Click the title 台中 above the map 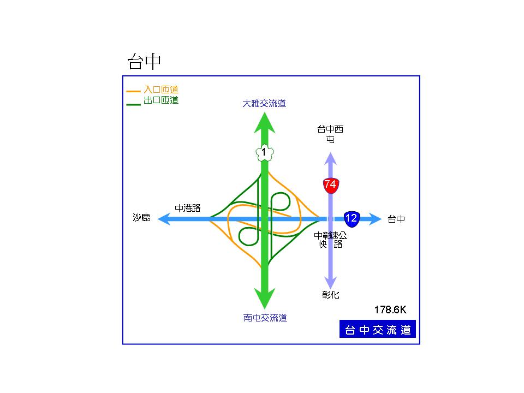(144, 62)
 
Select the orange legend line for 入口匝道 (133, 91)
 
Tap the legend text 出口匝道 (161, 100)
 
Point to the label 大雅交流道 (264, 103)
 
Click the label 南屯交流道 (265, 318)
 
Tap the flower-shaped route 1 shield (264, 153)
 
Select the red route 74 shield (330, 184)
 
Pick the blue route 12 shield (352, 219)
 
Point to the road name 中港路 (188, 208)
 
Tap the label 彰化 (330, 295)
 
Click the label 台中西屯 (330, 134)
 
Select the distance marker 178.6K (390, 309)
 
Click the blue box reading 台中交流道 (377, 330)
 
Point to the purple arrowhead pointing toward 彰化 (330, 282)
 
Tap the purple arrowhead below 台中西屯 (330, 158)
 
